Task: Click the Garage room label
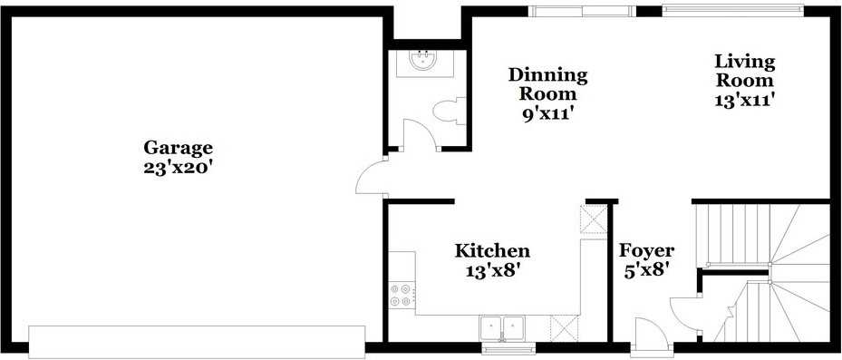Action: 178,148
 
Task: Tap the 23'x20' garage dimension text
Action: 178,168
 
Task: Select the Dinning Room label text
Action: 547,83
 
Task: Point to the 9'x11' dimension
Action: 547,114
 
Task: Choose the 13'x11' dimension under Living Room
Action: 745,101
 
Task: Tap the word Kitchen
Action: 492,250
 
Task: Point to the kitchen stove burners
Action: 401,294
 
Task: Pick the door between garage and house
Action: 372,177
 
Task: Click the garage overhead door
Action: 197,340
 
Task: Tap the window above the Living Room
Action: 732,11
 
